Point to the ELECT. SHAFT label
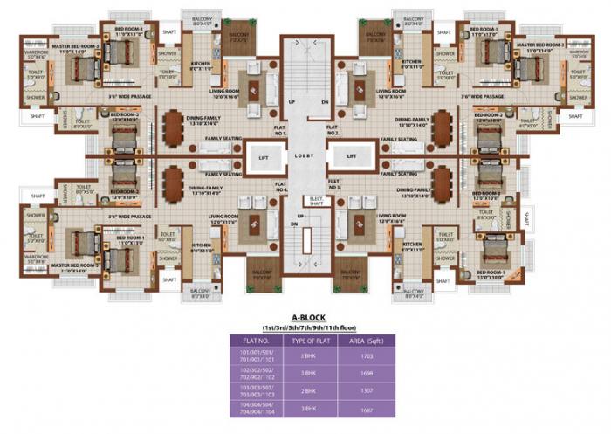pos(318,200)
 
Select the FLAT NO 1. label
pos(281,130)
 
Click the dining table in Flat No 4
pos(176,179)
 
